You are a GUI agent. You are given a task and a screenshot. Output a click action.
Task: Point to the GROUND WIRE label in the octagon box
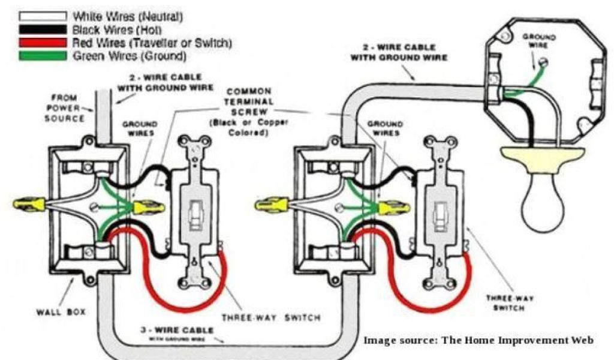click(x=538, y=41)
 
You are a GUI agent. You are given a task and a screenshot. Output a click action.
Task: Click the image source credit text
click(x=478, y=341)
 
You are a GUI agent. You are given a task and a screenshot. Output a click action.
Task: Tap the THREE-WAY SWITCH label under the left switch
click(x=272, y=317)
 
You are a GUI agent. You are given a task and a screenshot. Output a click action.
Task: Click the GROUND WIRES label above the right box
click(x=384, y=128)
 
